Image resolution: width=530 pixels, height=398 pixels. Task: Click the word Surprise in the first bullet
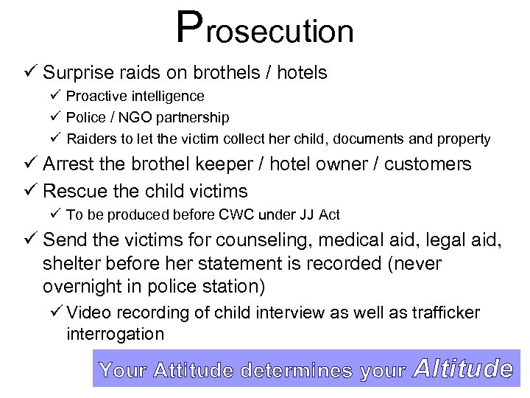(77, 73)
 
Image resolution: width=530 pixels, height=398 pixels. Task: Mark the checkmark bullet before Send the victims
(29, 241)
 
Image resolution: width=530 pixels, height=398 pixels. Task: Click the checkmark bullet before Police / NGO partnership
(56, 117)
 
